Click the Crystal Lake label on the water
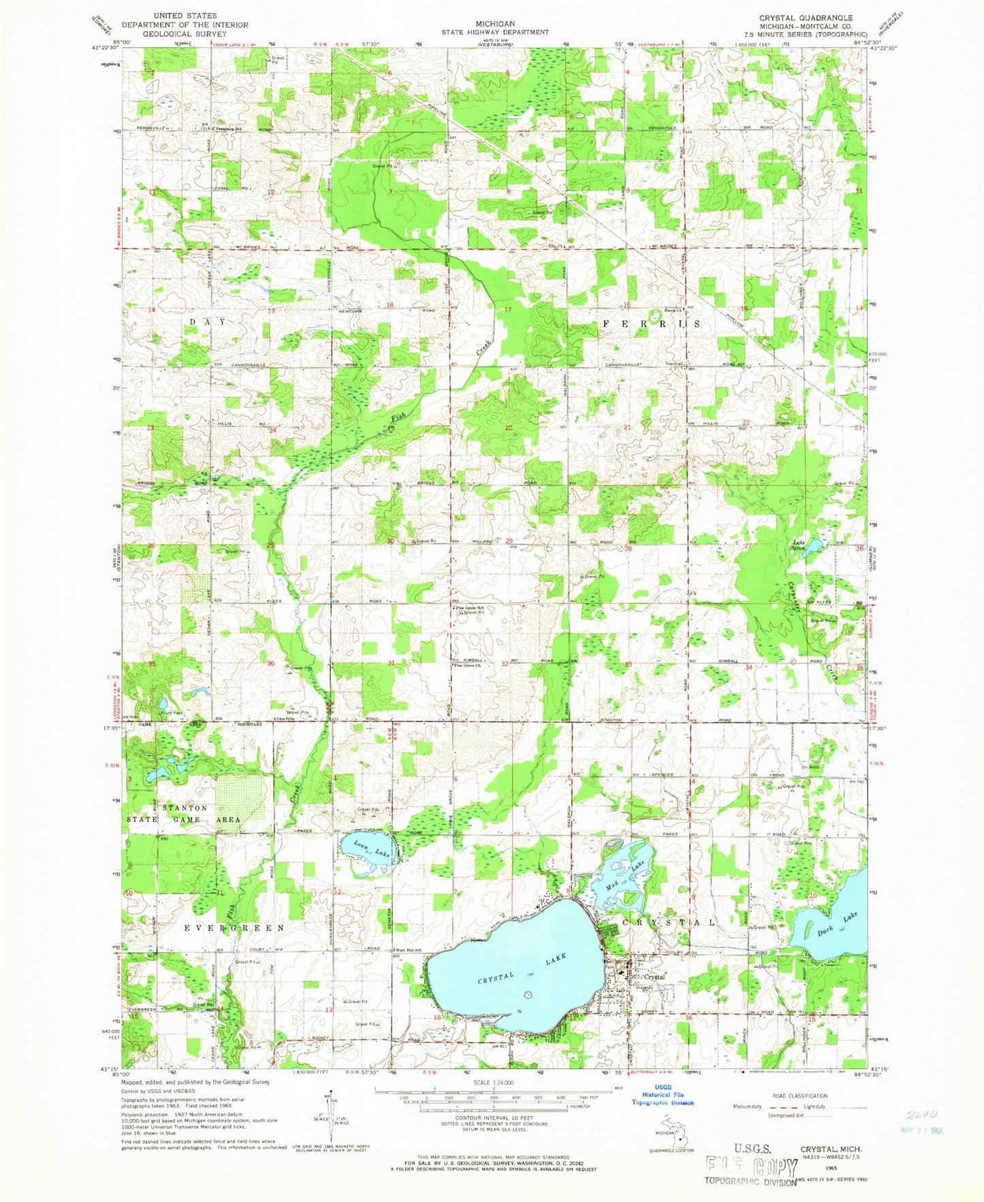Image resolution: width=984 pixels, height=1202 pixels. [522, 968]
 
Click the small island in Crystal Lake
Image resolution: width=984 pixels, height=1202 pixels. [527, 995]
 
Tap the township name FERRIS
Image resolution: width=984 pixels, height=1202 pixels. [651, 324]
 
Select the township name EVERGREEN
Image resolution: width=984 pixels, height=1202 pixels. [234, 928]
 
